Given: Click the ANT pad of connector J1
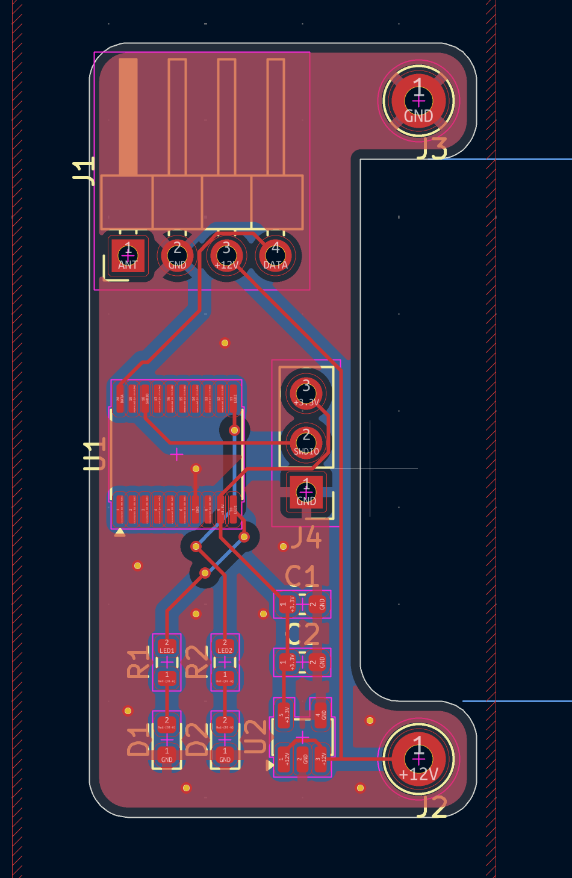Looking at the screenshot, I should [128, 256].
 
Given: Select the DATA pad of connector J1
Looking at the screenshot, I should [276, 256].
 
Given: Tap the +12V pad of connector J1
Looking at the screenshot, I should [226, 256].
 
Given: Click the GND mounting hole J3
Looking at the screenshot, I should [418, 100].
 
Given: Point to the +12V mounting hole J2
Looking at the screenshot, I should [418, 758].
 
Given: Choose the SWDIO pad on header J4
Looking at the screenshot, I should [306, 443].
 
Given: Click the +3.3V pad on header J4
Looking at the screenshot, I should [306, 394].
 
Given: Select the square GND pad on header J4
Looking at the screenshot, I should [306, 492].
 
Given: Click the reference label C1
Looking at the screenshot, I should [301, 577].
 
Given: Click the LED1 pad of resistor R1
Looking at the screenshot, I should [167, 647].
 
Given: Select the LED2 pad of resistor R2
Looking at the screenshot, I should [225, 647].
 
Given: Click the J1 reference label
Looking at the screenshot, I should [84, 170].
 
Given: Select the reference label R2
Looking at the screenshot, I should [196, 662].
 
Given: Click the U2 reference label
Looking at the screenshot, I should [255, 736].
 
